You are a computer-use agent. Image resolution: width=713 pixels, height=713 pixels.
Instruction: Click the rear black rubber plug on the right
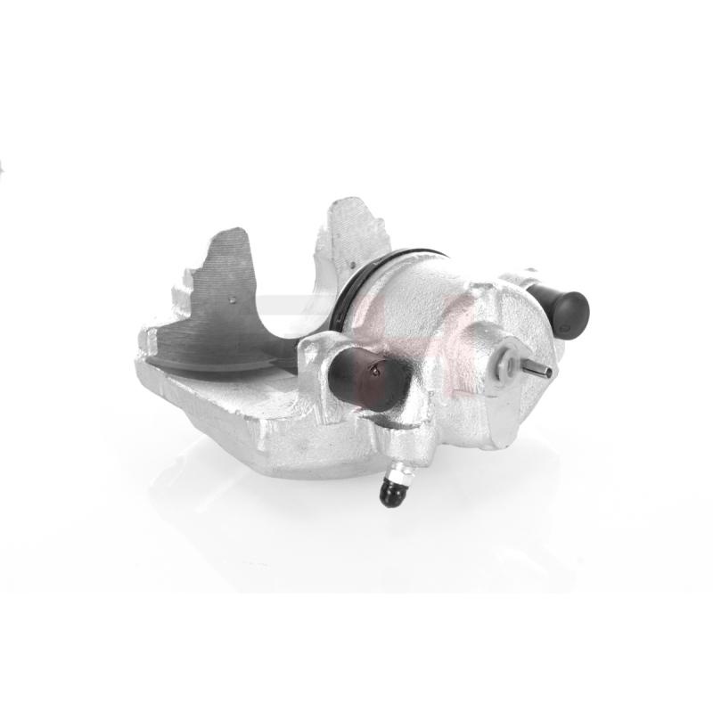click(x=565, y=311)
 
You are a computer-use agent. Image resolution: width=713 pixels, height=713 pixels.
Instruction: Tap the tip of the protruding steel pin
click(x=548, y=372)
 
